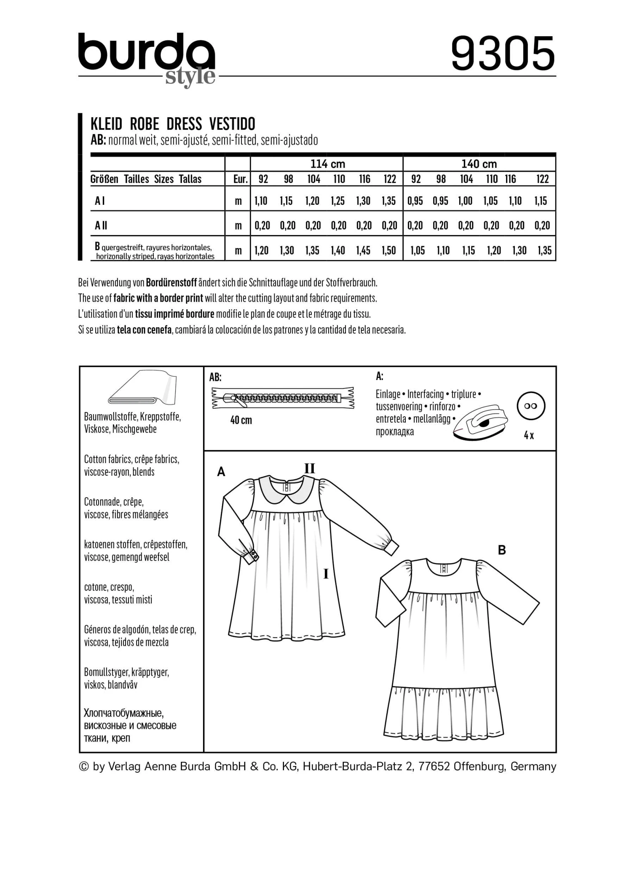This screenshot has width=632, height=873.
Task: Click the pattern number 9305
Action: tap(503, 54)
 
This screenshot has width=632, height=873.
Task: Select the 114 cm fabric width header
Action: tap(327, 164)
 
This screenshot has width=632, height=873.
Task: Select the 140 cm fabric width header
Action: tap(479, 164)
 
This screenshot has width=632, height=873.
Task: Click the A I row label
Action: tap(100, 201)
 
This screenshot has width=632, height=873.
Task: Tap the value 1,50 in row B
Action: tap(389, 251)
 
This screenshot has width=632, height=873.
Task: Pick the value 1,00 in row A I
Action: tap(465, 201)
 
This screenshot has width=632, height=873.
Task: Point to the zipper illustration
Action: tap(283, 398)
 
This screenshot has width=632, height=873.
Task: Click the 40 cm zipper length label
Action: tap(241, 420)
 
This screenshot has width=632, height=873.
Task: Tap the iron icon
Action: tap(480, 423)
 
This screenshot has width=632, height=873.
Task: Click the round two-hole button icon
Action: tap(531, 406)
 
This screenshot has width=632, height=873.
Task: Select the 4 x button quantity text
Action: tap(529, 436)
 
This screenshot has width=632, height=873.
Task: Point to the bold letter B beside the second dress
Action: tap(501, 550)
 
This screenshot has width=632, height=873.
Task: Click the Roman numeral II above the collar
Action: tap(310, 468)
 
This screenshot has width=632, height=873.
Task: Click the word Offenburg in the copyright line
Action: tap(479, 766)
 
